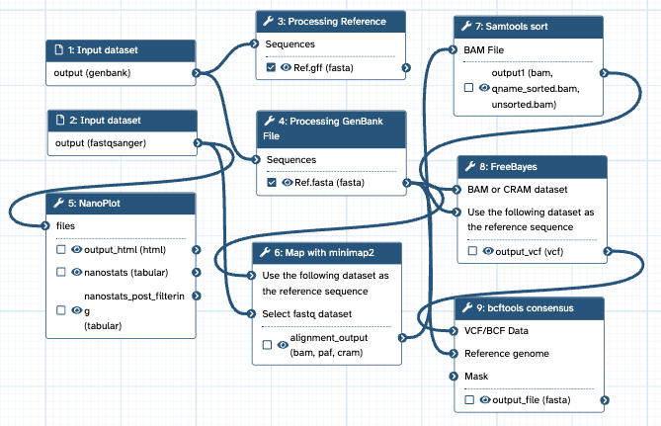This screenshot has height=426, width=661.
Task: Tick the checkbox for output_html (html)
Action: pos(61,251)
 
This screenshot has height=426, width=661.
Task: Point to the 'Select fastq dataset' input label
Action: pos(309,314)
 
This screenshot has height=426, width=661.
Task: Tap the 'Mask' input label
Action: pos(476,377)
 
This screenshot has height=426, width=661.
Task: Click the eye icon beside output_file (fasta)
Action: pos(484,400)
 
